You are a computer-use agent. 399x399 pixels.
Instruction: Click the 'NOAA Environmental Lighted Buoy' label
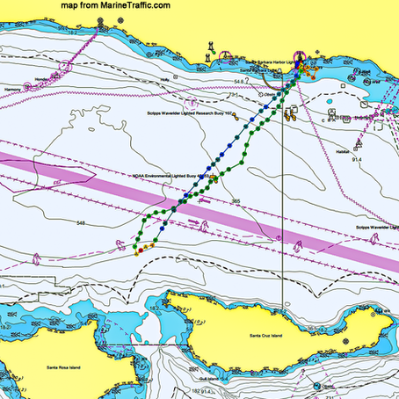[x=168, y=175]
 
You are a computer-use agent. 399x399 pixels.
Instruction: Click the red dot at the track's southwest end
[x=136, y=250]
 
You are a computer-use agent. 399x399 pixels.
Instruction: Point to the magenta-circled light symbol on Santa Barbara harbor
[x=297, y=54]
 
